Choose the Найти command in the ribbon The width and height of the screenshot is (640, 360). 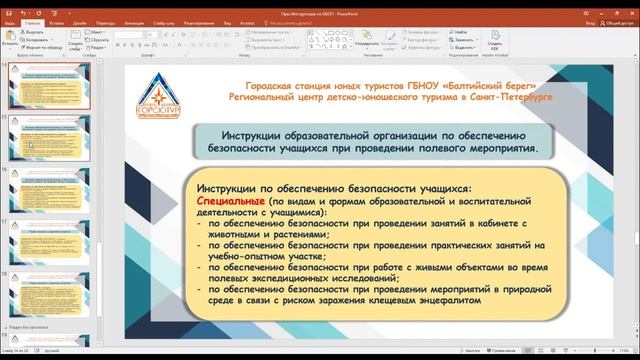click(459, 32)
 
